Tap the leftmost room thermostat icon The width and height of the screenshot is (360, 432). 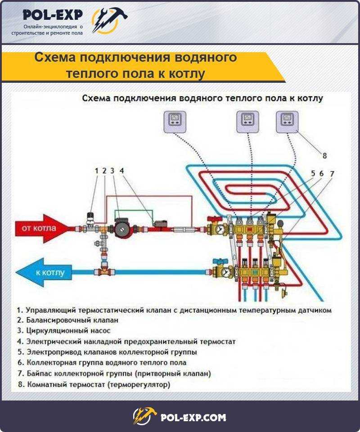click(x=175, y=122)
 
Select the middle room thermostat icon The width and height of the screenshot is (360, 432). click(x=247, y=122)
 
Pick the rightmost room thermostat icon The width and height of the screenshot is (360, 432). click(x=287, y=122)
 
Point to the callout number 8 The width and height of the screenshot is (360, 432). click(x=324, y=156)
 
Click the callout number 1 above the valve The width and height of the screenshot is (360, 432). click(x=96, y=171)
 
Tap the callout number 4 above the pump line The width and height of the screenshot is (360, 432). click(x=121, y=171)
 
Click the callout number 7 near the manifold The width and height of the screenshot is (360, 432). click(x=332, y=174)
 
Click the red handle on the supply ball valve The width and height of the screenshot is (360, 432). click(x=215, y=219)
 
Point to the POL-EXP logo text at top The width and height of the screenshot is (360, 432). click(x=53, y=14)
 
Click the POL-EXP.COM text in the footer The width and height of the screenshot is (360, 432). click(x=193, y=418)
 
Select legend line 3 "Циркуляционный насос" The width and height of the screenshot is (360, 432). click(x=63, y=331)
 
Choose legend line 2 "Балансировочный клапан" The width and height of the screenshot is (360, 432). click(x=67, y=320)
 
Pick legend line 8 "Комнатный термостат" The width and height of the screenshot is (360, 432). click(x=94, y=384)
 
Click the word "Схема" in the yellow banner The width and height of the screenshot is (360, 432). click(x=55, y=57)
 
